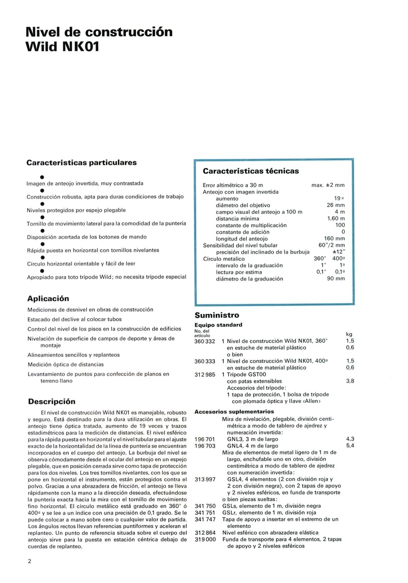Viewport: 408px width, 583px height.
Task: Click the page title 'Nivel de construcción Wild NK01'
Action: [99, 39]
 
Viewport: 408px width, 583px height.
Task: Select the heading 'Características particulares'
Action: [82, 163]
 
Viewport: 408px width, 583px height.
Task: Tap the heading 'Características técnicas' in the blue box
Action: [251, 171]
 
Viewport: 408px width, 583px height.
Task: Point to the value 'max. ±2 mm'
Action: [328, 185]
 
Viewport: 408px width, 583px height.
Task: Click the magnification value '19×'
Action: [339, 199]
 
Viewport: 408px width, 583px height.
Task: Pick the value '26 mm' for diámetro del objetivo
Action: [335, 205]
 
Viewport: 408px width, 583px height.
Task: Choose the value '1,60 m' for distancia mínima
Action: [335, 219]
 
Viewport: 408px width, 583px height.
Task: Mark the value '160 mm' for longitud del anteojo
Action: [334, 239]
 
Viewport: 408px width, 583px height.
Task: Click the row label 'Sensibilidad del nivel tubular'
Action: [240, 245]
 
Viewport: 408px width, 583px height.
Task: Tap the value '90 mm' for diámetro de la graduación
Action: [335, 279]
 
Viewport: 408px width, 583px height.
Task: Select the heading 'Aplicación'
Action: [48, 298]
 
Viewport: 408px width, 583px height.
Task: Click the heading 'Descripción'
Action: [51, 401]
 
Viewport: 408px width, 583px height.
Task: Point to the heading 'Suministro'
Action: [217, 315]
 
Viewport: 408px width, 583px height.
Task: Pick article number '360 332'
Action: [205, 341]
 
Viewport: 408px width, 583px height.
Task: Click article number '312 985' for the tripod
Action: [205, 374]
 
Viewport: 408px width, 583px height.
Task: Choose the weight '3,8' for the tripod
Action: [350, 381]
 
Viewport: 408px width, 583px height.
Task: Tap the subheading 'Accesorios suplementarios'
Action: [234, 411]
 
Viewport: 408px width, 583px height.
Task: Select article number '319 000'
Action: [205, 539]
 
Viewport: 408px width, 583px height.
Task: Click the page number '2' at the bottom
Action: [29, 561]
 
